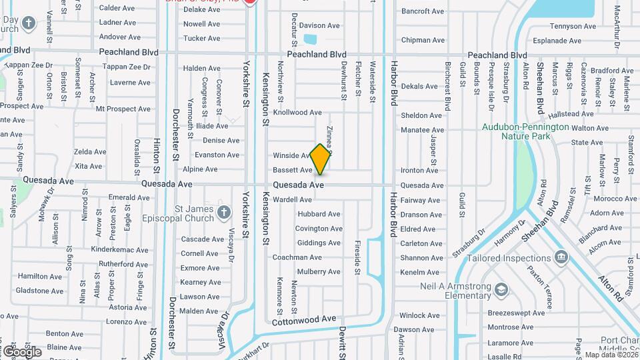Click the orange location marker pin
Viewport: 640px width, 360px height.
click(321, 159)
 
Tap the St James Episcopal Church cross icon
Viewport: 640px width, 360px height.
click(224, 213)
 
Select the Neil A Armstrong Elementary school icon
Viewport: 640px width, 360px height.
click(502, 289)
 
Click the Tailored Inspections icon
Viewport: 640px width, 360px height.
click(561, 258)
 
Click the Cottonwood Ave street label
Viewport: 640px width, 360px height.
click(304, 319)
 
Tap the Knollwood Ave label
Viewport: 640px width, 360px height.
click(297, 113)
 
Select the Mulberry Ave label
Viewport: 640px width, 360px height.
click(319, 272)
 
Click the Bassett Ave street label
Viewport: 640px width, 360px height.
click(293, 170)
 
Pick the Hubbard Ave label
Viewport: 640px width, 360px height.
click(319, 214)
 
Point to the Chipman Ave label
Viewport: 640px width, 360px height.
click(423, 40)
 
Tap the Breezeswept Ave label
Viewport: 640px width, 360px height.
click(516, 313)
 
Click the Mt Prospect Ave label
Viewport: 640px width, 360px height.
click(123, 109)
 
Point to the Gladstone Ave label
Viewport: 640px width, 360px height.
click(39, 291)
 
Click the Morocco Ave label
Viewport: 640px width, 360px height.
click(597, 199)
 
